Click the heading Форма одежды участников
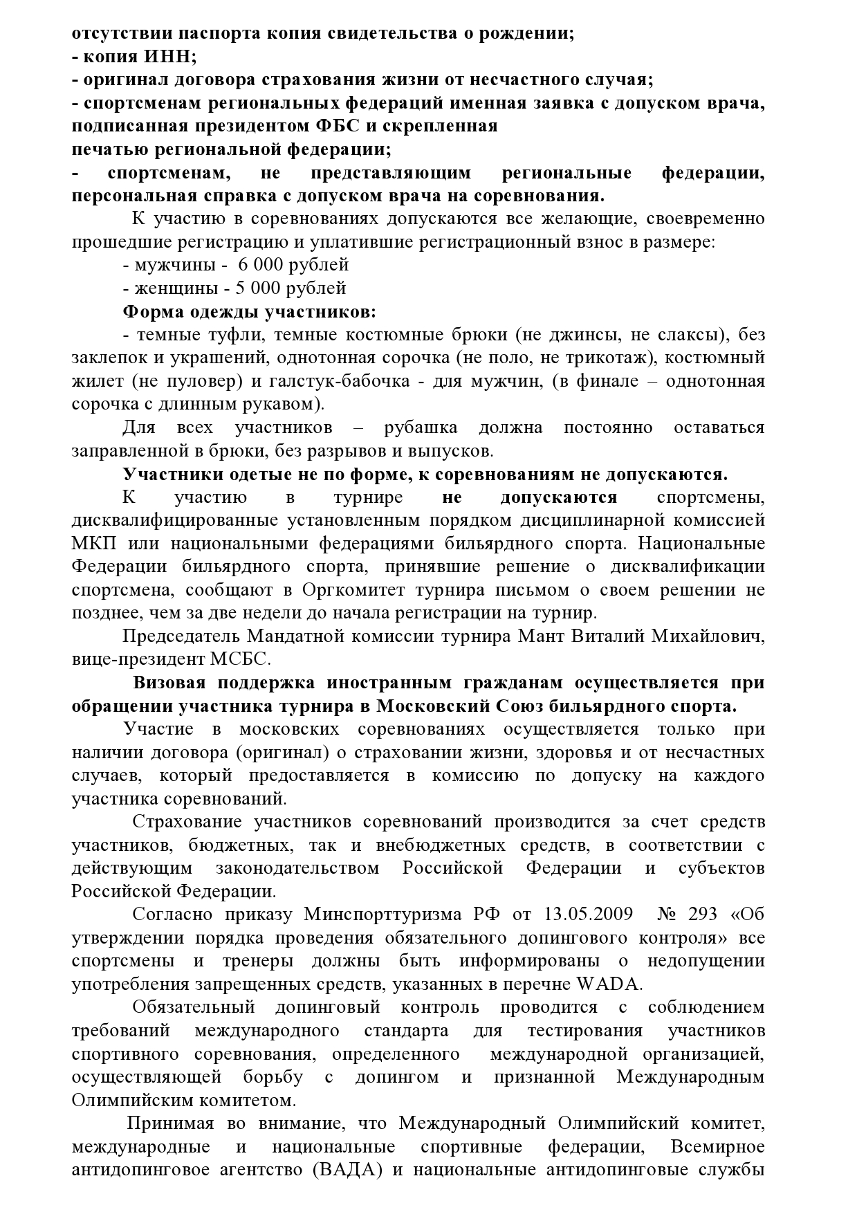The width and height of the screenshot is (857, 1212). (x=249, y=311)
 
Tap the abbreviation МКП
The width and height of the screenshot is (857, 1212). (x=91, y=544)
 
